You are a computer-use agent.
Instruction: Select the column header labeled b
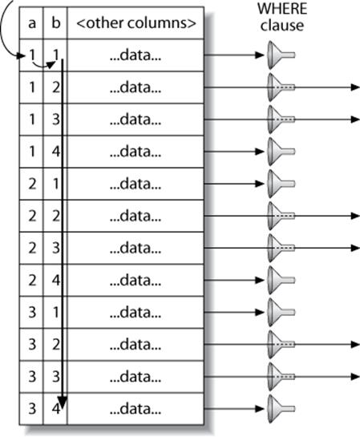point(55,23)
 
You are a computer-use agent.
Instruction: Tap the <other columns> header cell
point(136,23)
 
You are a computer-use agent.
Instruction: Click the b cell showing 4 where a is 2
point(55,279)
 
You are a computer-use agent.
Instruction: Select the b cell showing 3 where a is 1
point(55,119)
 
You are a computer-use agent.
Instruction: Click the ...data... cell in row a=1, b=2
point(136,87)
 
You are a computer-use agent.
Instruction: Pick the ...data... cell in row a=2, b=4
point(136,279)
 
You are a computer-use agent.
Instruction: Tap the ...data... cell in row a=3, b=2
point(136,343)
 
